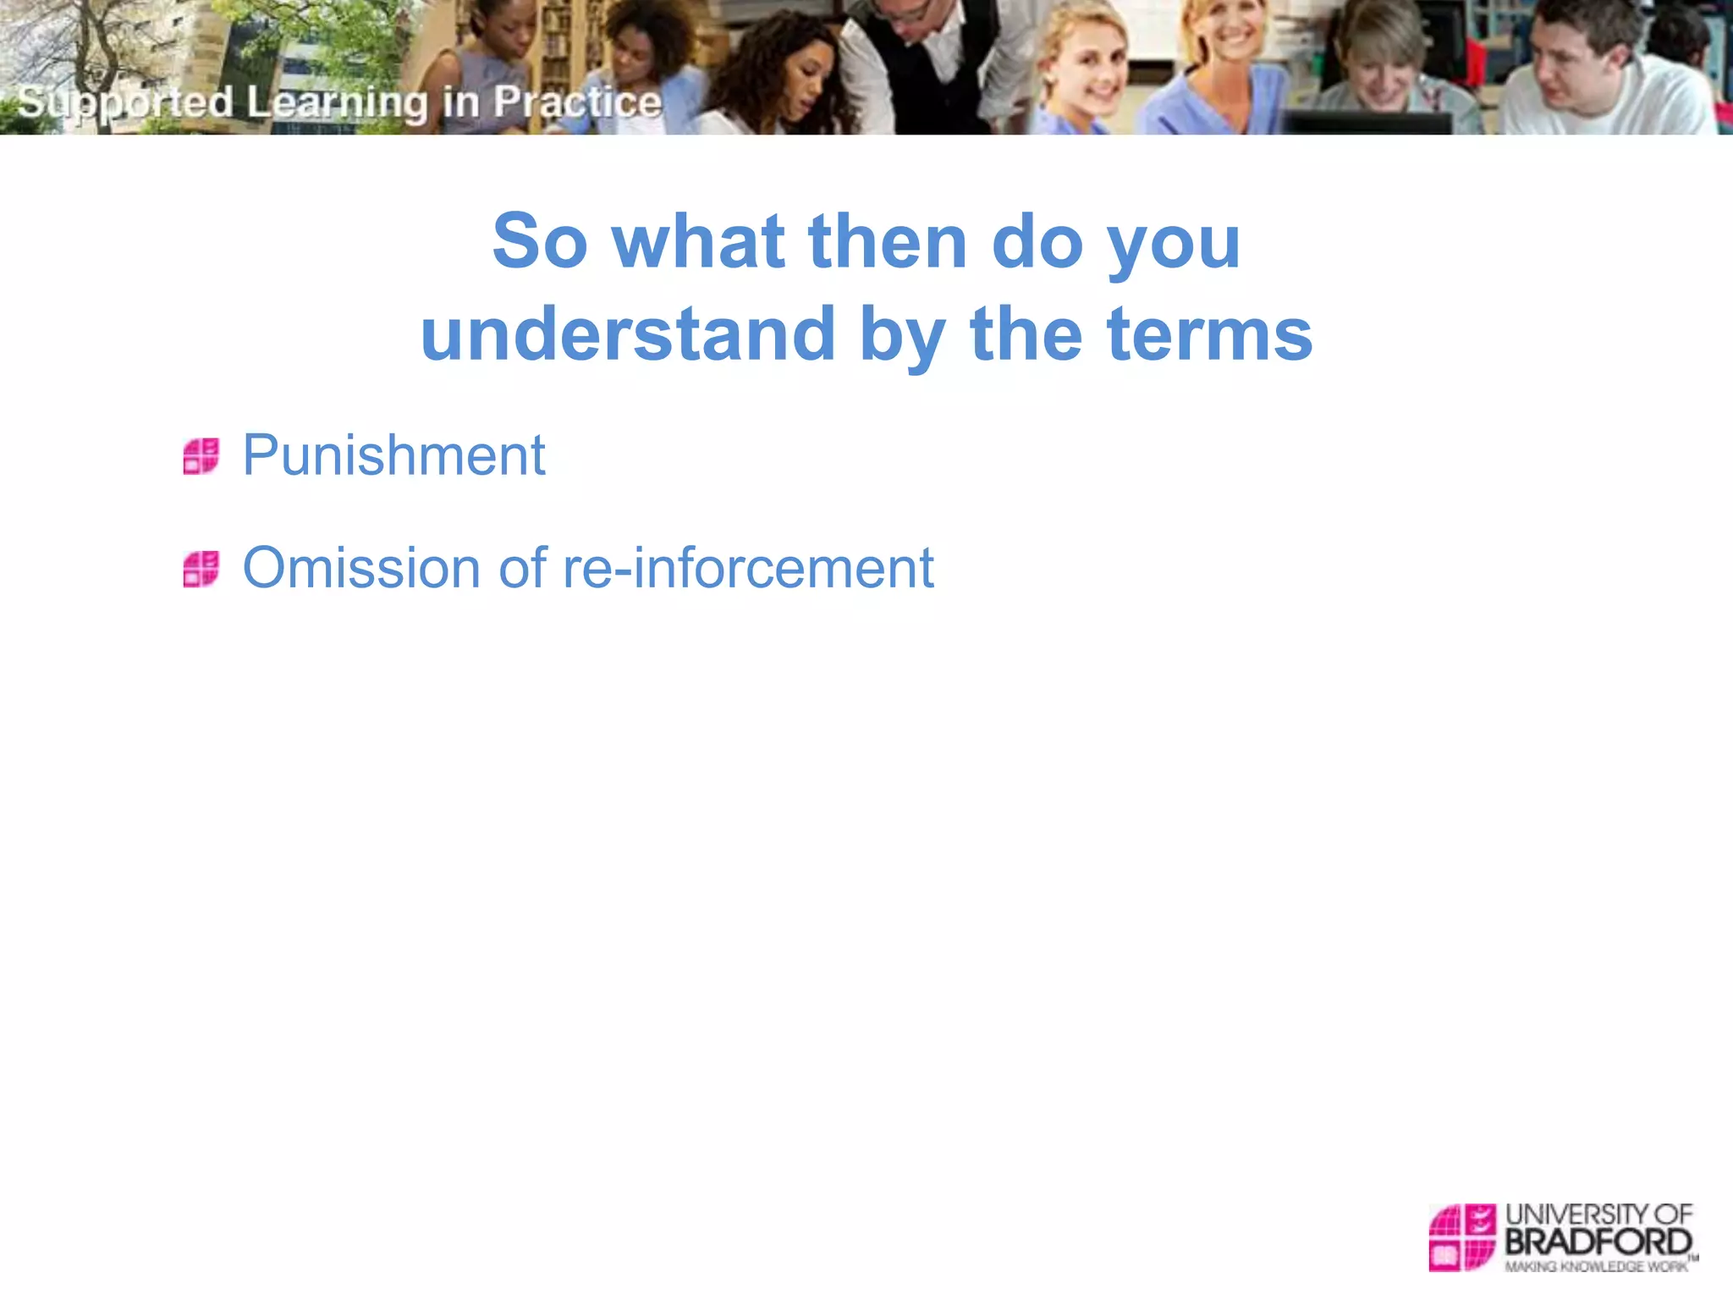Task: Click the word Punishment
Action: tap(393, 455)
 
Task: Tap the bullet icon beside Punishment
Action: tap(201, 456)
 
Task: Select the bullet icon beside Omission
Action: tap(201, 569)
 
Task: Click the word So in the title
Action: tap(540, 241)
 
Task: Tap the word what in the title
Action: tap(699, 241)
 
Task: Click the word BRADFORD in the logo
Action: tap(1598, 1242)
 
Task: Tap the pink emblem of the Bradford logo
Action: tap(1462, 1237)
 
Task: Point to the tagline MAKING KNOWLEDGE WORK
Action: tap(1596, 1267)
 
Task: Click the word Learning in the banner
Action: tap(338, 102)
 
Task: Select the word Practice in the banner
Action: tap(577, 102)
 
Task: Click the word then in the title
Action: tap(888, 241)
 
